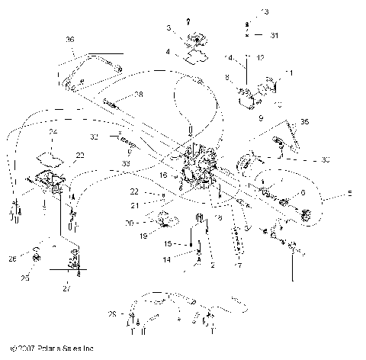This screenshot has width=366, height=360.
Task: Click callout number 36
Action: click(70, 40)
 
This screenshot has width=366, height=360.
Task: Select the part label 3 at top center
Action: click(169, 27)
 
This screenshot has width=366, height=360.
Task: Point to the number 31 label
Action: click(275, 35)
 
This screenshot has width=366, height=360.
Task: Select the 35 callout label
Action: click(305, 121)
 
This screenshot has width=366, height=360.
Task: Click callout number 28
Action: click(139, 94)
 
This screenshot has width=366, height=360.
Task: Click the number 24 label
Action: click(53, 132)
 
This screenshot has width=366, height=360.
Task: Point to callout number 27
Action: click(66, 290)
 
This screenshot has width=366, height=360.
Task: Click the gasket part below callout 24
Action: click(51, 157)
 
